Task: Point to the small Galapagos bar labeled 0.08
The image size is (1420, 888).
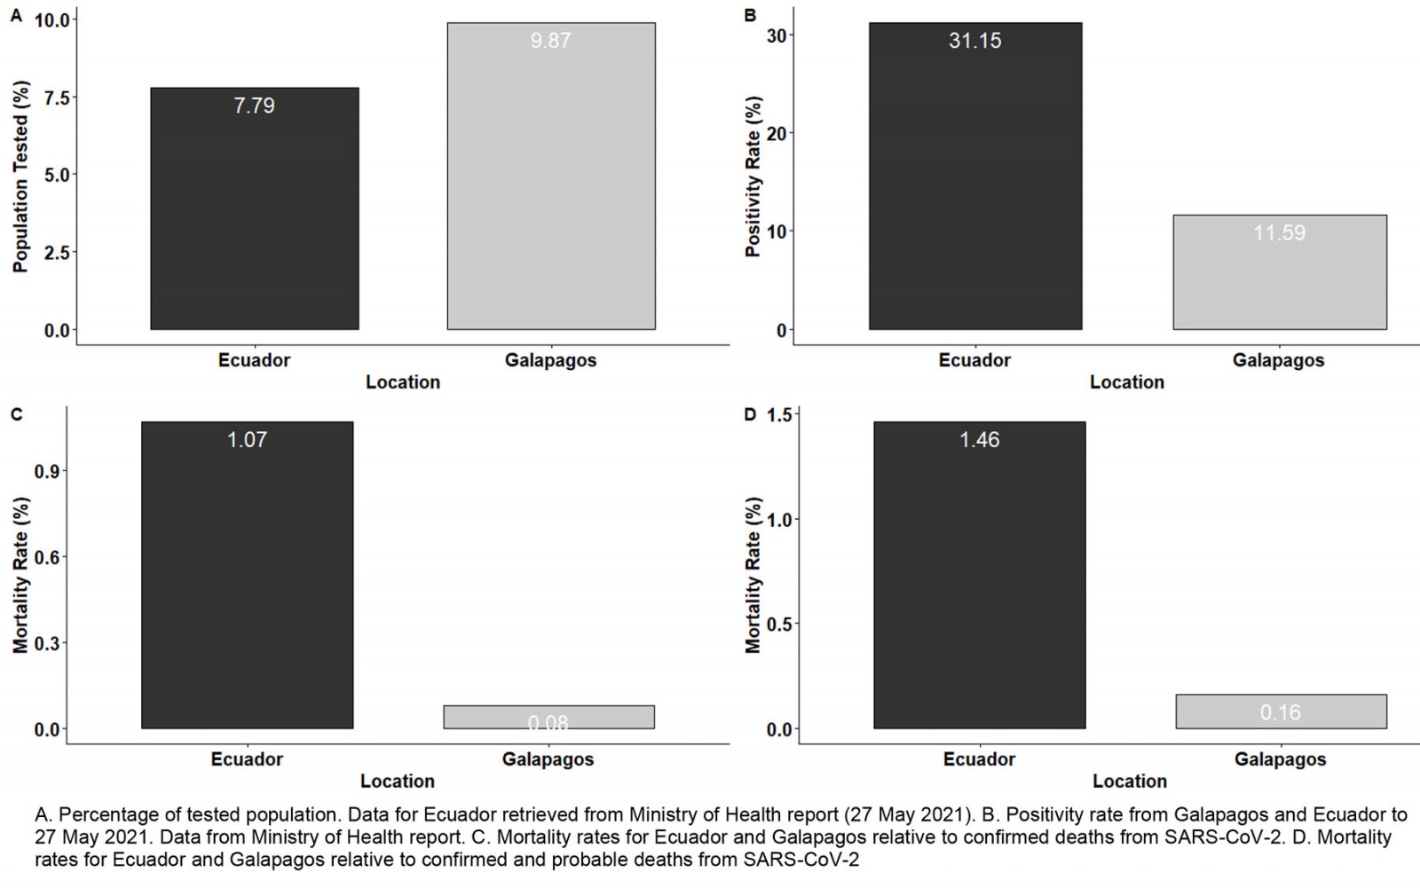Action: click(x=548, y=717)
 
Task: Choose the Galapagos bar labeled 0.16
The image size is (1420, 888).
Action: click(x=1281, y=711)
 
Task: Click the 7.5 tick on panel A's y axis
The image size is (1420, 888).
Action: click(x=56, y=98)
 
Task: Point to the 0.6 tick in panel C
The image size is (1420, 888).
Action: click(x=48, y=557)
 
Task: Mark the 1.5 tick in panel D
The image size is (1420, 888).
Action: click(x=779, y=415)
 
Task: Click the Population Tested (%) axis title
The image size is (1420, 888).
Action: click(x=21, y=177)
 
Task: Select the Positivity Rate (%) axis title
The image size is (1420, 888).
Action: click(x=753, y=177)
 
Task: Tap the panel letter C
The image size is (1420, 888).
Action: click(x=16, y=414)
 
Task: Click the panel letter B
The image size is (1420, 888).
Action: click(x=750, y=15)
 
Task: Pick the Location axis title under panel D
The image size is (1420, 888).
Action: click(x=1129, y=782)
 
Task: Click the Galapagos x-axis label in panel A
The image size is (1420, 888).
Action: click(x=550, y=360)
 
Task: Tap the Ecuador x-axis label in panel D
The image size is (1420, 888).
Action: click(x=979, y=759)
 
